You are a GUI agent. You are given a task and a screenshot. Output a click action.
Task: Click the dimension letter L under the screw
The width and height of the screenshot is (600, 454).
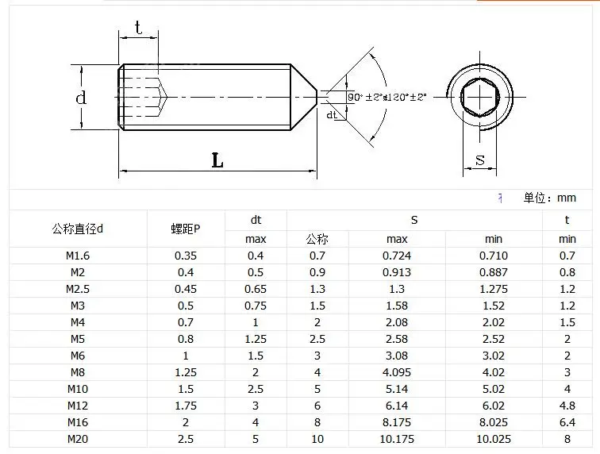[x=217, y=160]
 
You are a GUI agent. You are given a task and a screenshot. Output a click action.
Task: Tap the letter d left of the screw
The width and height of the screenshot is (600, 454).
[x=80, y=98]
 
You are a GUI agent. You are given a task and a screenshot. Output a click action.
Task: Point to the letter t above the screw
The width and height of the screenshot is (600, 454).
[x=138, y=29]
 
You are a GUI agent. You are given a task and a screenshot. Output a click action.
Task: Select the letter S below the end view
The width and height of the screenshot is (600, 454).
[x=479, y=160]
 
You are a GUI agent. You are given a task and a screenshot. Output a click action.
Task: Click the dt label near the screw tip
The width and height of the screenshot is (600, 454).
[x=332, y=115]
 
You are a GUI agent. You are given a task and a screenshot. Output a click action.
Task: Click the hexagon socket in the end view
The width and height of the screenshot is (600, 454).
[x=479, y=97]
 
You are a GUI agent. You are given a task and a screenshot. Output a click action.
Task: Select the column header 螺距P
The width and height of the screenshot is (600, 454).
[x=186, y=229]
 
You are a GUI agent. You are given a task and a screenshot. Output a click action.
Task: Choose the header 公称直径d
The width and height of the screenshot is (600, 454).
[x=77, y=229]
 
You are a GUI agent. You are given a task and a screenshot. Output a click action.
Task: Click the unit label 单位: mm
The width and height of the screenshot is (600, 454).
[x=549, y=198]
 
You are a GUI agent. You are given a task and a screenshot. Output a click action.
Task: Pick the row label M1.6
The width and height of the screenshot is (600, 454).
[x=77, y=256]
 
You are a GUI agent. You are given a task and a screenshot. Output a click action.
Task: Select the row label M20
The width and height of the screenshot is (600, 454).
[x=77, y=439]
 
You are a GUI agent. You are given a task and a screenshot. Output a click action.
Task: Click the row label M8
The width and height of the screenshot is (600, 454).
[x=77, y=372]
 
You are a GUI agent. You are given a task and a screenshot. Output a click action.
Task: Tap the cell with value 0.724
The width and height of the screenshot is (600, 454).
[x=397, y=256]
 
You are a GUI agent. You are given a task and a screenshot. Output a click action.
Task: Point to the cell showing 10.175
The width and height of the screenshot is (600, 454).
[x=397, y=439]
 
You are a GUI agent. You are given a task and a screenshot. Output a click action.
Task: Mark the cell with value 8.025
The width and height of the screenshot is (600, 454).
[x=493, y=422]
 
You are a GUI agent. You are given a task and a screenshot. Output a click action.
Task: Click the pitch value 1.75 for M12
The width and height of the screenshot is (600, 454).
[x=186, y=406]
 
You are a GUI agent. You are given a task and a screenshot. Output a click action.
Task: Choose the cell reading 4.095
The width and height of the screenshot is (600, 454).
[x=397, y=372]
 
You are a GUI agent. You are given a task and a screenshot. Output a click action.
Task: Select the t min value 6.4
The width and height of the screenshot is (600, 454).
[x=567, y=422]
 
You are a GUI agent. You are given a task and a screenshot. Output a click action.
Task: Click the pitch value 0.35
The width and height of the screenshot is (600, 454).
[x=186, y=256]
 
